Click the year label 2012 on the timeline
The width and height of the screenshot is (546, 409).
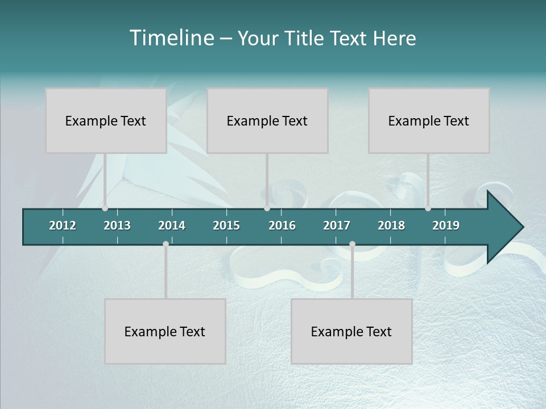63,226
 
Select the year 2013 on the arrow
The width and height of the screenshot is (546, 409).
117,226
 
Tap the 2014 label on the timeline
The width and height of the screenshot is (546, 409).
172,226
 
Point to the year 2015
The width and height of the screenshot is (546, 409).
226,226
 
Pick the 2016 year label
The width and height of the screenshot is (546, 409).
282,226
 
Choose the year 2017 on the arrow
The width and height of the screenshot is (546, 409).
337,226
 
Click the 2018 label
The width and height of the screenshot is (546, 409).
391,226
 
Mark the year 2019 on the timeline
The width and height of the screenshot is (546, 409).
446,226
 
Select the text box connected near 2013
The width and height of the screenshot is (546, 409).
106,120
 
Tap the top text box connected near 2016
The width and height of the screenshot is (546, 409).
267,120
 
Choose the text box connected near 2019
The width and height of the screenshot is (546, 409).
429,120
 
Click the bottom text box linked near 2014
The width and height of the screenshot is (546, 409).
165,331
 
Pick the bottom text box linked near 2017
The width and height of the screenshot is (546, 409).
351,331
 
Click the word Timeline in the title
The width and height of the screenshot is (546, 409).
171,38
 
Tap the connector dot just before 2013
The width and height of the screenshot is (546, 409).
105,208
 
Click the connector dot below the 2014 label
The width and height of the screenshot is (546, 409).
166,244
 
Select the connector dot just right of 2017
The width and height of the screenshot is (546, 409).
352,244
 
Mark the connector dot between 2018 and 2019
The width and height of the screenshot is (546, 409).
428,208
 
